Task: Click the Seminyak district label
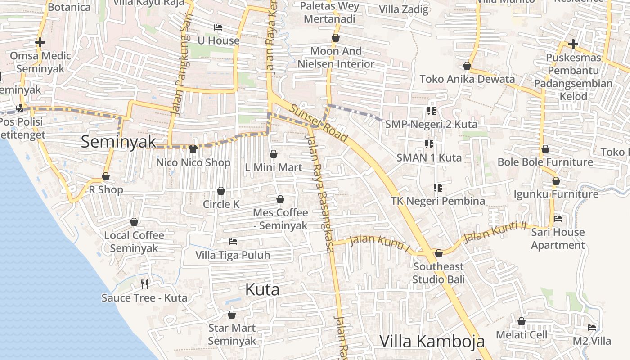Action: pos(118,142)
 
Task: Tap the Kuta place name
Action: pos(262,290)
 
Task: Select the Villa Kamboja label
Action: pos(432,341)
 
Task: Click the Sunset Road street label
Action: pos(319,123)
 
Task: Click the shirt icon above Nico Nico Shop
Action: pos(193,149)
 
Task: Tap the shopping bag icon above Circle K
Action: pos(221,191)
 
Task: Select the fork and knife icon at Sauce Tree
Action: pos(144,284)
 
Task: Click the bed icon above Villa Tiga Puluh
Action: pos(233,242)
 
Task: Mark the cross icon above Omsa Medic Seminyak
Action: pos(40,43)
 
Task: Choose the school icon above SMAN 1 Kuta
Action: pos(429,144)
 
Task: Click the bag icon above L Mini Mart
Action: pos(273,154)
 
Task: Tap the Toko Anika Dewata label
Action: pos(467,79)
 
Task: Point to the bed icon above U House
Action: pos(218,27)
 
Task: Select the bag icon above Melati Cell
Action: pos(522,321)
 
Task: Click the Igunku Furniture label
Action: pos(556,194)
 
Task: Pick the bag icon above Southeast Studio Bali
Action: pos(439,253)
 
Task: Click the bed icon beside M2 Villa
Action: pos(592,328)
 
